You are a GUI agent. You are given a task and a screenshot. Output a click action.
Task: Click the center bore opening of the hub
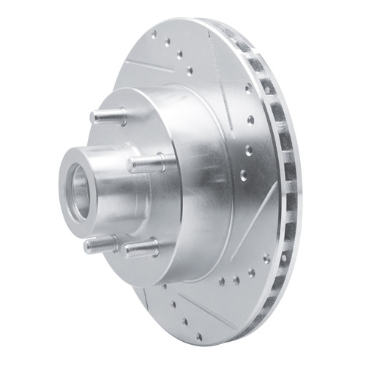coord(78,193)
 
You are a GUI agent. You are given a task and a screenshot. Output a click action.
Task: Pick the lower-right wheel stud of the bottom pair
coord(141,250)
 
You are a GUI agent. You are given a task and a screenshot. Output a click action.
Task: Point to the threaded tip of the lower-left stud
coord(88,247)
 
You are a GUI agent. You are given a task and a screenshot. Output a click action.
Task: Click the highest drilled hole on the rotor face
coord(153,32)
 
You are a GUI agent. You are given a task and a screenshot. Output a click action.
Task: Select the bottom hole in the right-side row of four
coord(243,175)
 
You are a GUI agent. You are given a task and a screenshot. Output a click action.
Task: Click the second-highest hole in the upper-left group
coord(168,42)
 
